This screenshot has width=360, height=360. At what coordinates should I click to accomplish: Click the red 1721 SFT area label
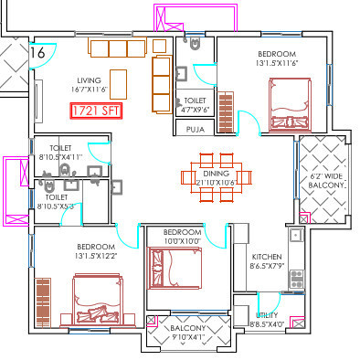coord(95,112)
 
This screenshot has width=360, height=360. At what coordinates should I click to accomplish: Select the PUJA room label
coord(195,130)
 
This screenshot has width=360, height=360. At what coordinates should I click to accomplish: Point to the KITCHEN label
coord(267,258)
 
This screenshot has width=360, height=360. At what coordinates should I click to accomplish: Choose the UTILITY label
coord(267,313)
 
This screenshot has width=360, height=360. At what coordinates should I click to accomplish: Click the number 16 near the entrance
coord(37,53)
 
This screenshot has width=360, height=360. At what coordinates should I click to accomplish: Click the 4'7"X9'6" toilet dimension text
coord(196,110)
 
